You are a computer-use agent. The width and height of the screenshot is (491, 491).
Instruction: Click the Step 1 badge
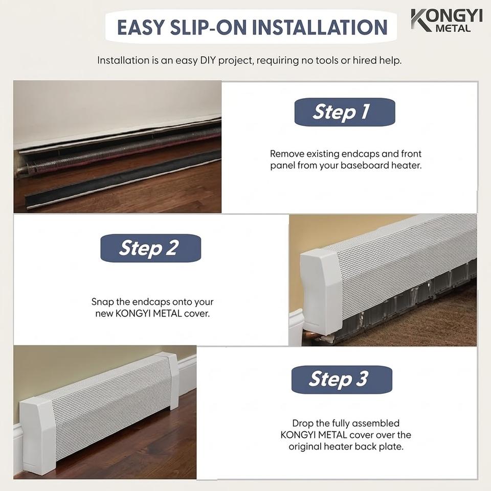click(x=345, y=112)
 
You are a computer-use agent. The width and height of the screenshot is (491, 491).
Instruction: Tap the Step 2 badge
click(x=150, y=248)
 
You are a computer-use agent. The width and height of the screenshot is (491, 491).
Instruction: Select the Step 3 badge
click(x=342, y=380)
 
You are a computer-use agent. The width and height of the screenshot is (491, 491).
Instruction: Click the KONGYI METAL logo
click(x=447, y=20)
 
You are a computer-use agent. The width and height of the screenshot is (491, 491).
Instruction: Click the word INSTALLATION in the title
click(x=320, y=27)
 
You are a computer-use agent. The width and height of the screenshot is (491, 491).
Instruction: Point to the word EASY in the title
click(x=141, y=27)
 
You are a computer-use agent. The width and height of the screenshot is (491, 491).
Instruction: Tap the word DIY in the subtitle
click(x=208, y=60)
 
